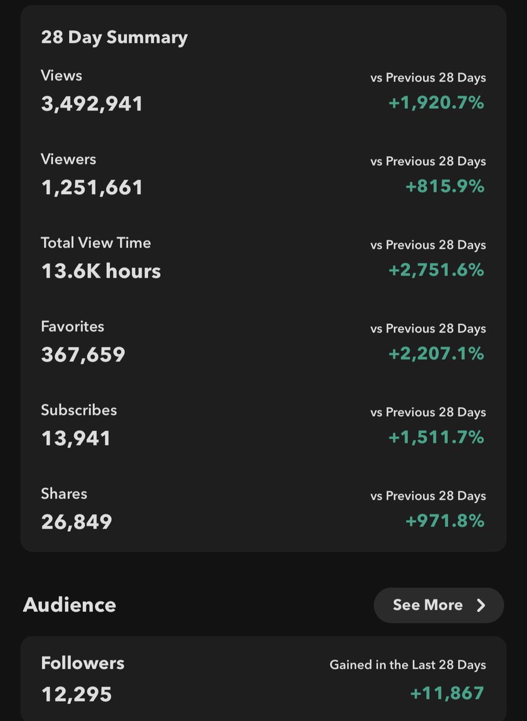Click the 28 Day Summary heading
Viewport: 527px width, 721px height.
[114, 38]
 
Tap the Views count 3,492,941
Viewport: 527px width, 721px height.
[92, 104]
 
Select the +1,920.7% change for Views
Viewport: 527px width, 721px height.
[436, 103]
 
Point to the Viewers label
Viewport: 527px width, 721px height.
[68, 159]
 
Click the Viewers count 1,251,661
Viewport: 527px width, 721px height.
[92, 187]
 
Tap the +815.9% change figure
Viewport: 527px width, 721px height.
[445, 186]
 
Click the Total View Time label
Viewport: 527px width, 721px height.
[96, 243]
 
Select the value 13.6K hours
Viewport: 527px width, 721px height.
[101, 271]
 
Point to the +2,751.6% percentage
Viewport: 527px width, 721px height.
[436, 270]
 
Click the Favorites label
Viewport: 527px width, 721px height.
[73, 326]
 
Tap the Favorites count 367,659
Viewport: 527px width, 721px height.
[83, 354]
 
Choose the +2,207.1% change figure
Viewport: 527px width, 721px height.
[436, 354]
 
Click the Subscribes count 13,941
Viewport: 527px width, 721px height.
[76, 439]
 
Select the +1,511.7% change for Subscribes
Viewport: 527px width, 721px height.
[436, 437]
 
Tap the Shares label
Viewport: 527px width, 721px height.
[64, 494]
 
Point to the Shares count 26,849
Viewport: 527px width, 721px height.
[76, 522]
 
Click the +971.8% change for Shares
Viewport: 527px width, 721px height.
[445, 521]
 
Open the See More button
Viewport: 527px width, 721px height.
[439, 605]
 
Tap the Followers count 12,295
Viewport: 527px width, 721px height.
[76, 695]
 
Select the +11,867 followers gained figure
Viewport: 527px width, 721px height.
[447, 693]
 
